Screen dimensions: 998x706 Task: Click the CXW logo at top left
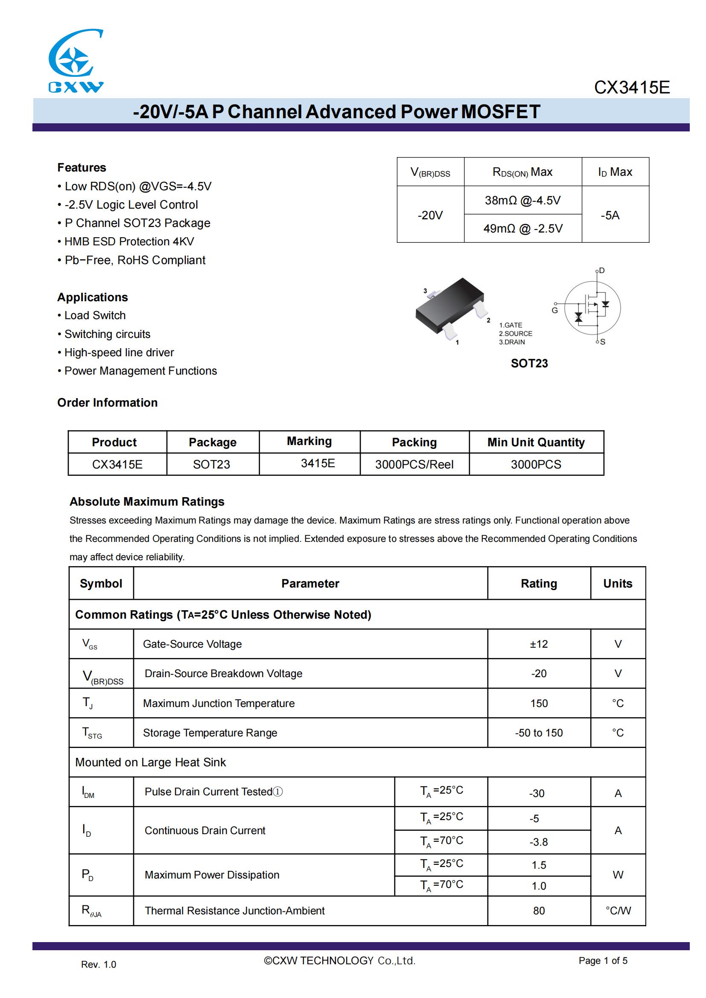(76, 61)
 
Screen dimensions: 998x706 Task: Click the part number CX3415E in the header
(631, 88)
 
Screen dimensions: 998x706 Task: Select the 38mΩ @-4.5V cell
(522, 201)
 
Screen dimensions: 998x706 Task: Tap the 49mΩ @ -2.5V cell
(522, 229)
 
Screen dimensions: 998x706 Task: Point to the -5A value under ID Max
(610, 215)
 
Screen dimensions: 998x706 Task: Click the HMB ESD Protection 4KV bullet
(129, 241)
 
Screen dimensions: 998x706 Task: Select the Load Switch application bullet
(95, 316)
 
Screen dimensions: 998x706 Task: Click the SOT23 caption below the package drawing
(529, 364)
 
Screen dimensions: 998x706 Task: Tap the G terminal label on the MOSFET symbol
(554, 311)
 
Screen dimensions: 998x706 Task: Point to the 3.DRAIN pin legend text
(512, 342)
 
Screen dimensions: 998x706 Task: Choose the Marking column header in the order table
(309, 441)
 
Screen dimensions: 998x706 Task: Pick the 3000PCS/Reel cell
(414, 465)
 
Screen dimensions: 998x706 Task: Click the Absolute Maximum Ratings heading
(147, 502)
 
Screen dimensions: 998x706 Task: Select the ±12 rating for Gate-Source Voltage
(539, 644)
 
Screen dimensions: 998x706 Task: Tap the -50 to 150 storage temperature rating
(539, 733)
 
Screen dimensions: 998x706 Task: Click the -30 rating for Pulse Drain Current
(537, 794)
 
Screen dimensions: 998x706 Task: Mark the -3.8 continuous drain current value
(539, 842)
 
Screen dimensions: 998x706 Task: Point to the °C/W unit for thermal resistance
(618, 911)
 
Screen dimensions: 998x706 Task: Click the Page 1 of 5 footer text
(603, 960)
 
